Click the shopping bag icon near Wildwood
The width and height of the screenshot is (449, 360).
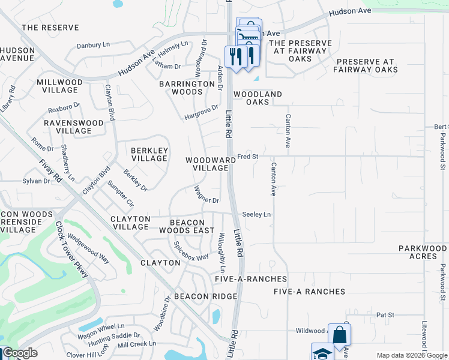pos(339,334)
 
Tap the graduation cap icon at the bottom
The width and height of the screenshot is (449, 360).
pos(322,352)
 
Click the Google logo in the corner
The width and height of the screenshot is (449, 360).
pos(19,353)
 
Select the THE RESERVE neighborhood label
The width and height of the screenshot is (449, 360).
pos(50,28)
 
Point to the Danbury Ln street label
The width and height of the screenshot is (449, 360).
pos(94,45)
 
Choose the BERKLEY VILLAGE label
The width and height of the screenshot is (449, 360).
pos(149,154)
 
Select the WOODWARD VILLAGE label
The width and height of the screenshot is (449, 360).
pos(210,164)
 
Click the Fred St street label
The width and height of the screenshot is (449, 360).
pos(247,157)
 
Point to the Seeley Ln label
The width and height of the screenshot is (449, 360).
pos(256,214)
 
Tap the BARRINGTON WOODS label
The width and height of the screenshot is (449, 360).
pos(187,88)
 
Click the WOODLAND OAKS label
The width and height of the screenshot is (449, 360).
pos(258,98)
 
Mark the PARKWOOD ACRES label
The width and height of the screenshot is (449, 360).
pos(423,252)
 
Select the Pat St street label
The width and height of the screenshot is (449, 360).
pos(385,314)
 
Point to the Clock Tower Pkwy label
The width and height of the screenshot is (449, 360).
pos(72,250)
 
